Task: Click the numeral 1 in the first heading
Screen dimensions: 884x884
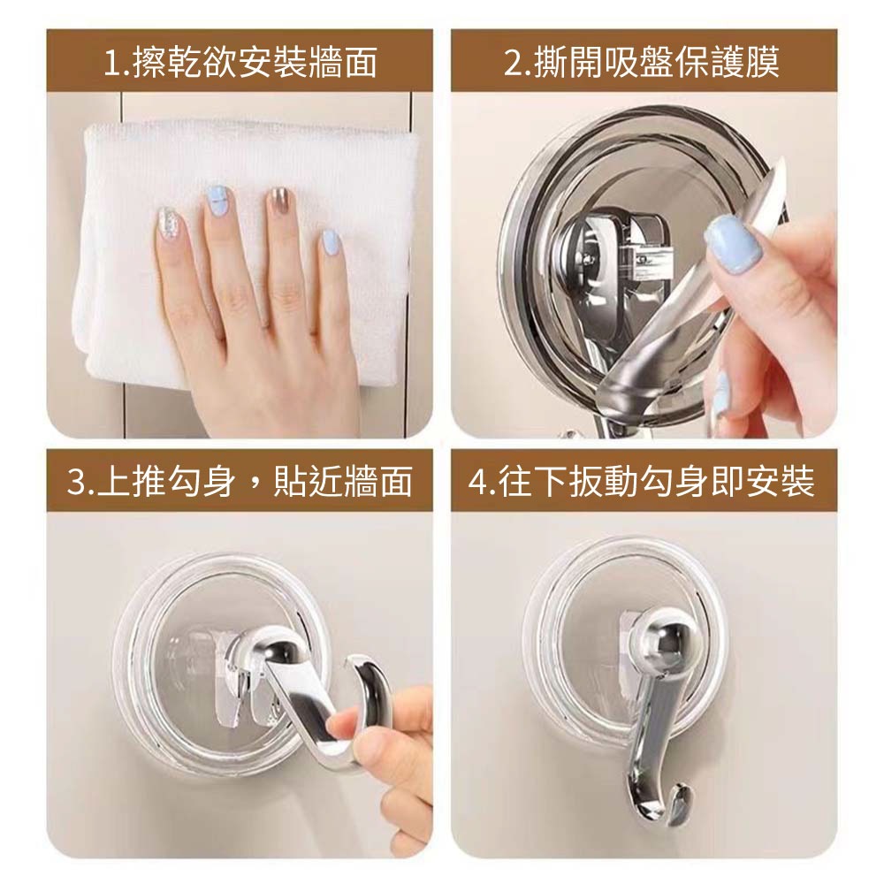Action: click(112, 63)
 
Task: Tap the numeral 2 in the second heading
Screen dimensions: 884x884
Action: click(513, 63)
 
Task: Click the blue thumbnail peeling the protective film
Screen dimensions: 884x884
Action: click(734, 245)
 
